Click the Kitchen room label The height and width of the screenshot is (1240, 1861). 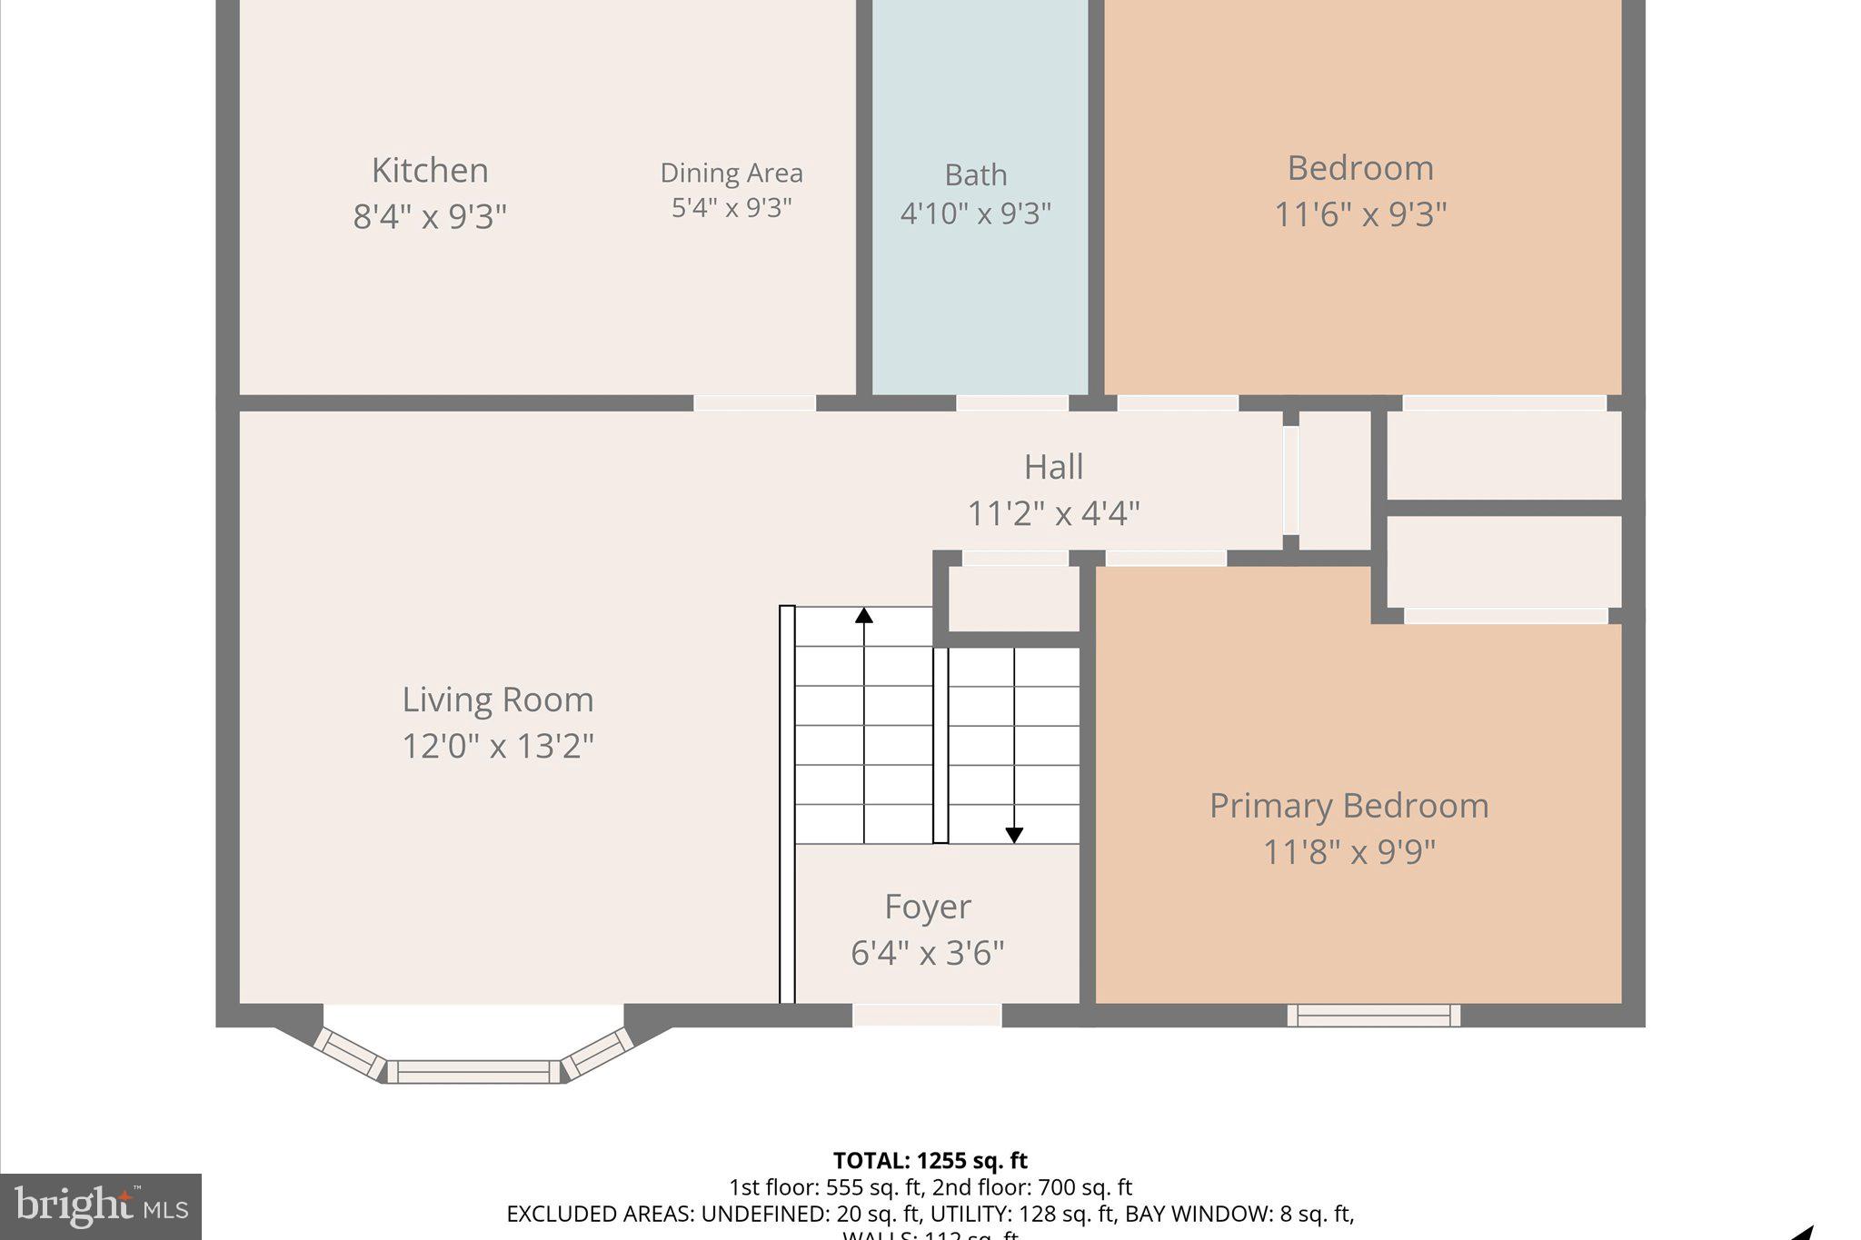[x=430, y=171]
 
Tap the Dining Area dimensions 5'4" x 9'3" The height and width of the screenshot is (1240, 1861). [x=731, y=208]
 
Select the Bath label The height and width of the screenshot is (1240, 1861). [x=975, y=174]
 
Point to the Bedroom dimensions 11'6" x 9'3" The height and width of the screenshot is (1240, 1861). [x=1359, y=215]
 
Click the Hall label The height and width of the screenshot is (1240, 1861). [x=1053, y=467]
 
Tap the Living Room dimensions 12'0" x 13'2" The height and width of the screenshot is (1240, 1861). [x=497, y=747]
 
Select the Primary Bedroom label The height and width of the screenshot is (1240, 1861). [x=1348, y=806]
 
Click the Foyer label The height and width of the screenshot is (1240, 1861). [x=927, y=907]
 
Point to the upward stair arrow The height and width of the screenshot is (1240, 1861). [x=863, y=617]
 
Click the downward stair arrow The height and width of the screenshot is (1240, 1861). [x=1014, y=834]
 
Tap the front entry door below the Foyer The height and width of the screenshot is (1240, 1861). [x=927, y=1016]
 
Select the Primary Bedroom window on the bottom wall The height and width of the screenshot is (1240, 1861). [x=1373, y=1016]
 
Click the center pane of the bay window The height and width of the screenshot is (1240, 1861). [x=473, y=1072]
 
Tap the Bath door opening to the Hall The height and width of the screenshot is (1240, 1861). [x=1011, y=403]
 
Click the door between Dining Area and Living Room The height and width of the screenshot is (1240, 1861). [x=754, y=403]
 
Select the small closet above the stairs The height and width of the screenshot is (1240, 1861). [x=1013, y=599]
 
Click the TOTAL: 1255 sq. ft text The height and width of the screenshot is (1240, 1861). [x=930, y=1160]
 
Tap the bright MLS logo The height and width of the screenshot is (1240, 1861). [x=101, y=1206]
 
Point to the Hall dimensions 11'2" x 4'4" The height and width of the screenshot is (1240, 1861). [x=1053, y=514]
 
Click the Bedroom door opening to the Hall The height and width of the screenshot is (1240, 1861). [x=1177, y=403]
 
